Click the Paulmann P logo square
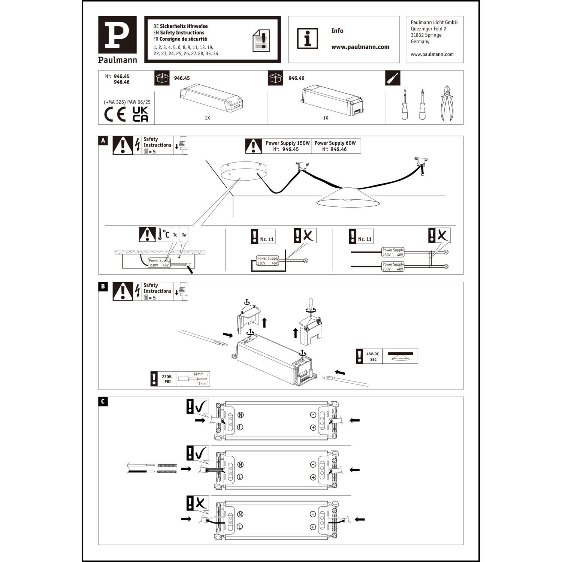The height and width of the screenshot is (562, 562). click(x=117, y=34)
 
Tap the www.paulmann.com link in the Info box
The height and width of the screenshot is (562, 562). click(x=360, y=47)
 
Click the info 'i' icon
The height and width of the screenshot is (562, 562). click(x=307, y=38)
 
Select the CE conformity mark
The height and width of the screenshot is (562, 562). click(x=115, y=114)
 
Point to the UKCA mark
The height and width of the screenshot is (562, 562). click(x=140, y=114)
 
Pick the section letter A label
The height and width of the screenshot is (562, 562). click(x=103, y=140)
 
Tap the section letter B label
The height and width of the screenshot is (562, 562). click(x=103, y=287)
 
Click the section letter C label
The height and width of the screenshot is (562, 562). click(x=103, y=402)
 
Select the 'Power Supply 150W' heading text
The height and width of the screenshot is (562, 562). click(x=288, y=143)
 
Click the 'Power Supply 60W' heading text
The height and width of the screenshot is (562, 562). click(x=335, y=143)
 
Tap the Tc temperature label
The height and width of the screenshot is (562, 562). click(x=175, y=235)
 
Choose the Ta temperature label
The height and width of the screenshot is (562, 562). click(x=184, y=235)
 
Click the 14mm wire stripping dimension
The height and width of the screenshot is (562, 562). click(x=198, y=374)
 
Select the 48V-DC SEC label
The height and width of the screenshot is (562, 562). click(x=372, y=357)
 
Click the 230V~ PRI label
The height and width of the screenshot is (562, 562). click(x=167, y=379)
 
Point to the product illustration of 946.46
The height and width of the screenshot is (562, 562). click(x=332, y=99)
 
